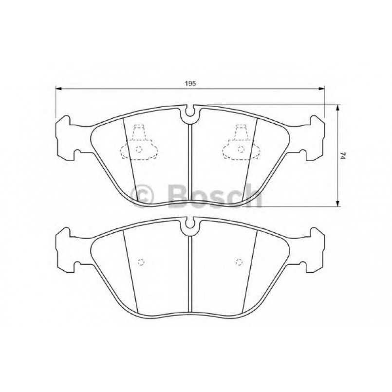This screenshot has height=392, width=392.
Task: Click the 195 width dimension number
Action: [190, 84]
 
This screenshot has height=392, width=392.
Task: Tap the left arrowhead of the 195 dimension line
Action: [59, 89]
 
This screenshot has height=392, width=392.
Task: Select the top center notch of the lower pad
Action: [189, 226]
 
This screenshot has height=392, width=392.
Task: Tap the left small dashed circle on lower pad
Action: [141, 262]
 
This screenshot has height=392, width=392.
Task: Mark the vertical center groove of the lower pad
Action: [189, 273]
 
